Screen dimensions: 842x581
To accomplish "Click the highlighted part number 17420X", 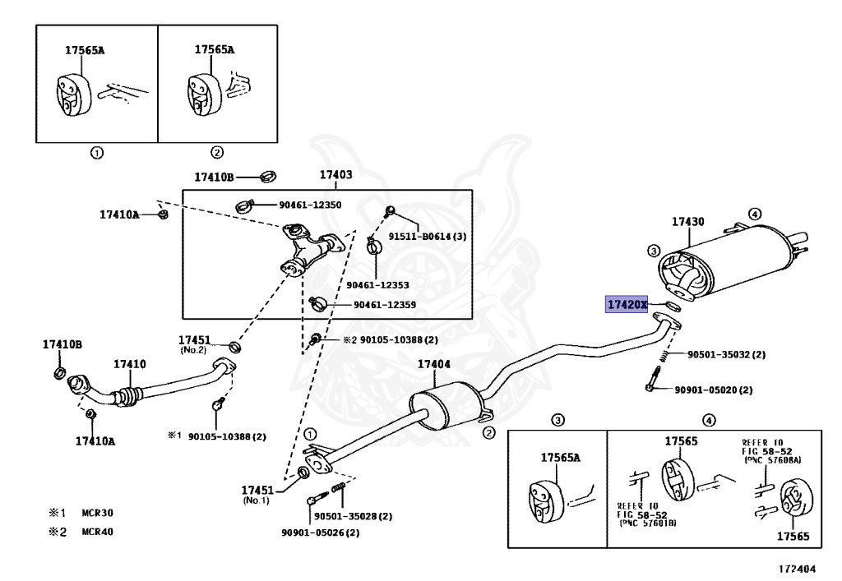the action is tap(627, 305).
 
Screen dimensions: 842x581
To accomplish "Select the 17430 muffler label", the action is tap(688, 222).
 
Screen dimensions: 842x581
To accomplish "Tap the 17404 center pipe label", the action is tap(434, 364).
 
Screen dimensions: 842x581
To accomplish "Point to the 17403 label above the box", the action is tap(336, 174).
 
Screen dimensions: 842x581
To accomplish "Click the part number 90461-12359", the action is tap(385, 305).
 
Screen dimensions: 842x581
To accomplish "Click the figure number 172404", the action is tap(798, 569).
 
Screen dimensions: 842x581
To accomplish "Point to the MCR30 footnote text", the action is tap(97, 513).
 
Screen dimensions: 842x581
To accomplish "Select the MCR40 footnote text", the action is tap(97, 533).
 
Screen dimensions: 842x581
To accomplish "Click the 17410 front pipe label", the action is tap(129, 364).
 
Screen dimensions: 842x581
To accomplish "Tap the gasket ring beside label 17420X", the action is tap(673, 307).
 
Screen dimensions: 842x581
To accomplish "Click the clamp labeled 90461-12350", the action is tap(243, 205).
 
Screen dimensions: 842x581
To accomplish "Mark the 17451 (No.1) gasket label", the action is tap(257, 494).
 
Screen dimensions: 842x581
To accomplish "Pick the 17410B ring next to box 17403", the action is tap(269, 176).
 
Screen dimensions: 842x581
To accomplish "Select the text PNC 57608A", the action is tap(773, 459).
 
